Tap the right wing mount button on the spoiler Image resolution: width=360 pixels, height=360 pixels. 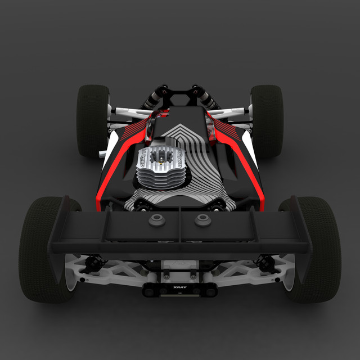coord(202,220)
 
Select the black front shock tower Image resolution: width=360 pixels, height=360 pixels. coord(180,95)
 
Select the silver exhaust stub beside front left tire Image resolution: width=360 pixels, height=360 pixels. coord(102,152)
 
